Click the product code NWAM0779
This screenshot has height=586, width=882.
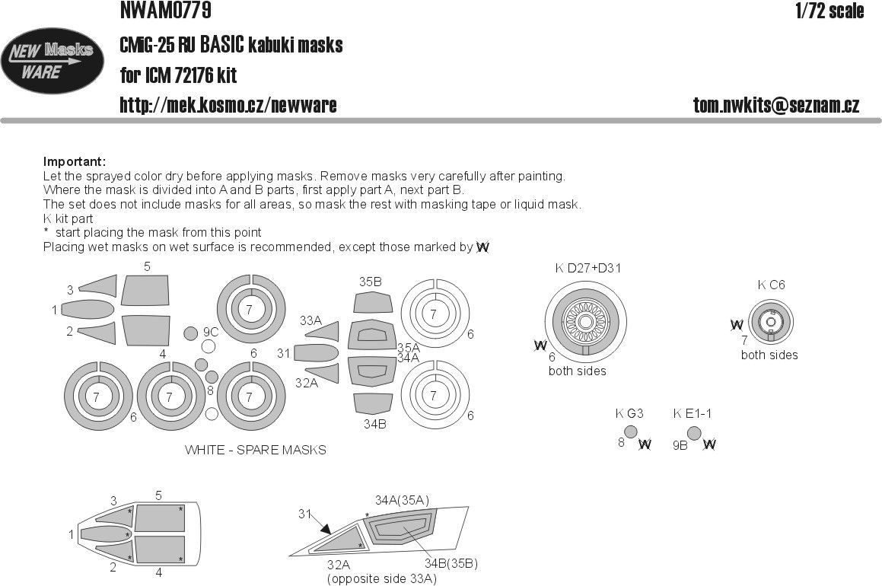coord(165,11)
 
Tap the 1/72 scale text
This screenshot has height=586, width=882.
coord(829,11)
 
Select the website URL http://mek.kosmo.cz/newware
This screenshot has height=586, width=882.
coord(228,105)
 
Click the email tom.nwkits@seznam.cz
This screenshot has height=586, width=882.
coord(776,106)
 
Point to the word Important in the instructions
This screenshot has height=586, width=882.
coord(74,162)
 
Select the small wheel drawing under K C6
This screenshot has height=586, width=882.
coord(770,322)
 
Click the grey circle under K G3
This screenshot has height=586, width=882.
coord(630,432)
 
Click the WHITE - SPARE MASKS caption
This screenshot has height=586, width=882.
coord(255,450)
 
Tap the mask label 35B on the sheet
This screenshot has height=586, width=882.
coord(371,282)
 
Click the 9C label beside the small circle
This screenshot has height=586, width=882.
coord(211,332)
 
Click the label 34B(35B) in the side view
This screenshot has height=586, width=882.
coord(451,563)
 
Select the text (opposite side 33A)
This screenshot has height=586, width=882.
coord(381,579)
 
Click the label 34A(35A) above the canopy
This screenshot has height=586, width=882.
coord(403,500)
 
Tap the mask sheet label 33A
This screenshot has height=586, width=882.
coord(310,320)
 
